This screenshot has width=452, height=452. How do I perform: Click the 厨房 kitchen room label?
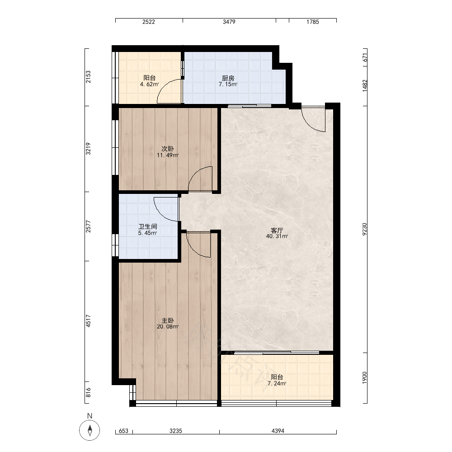pos(228,78)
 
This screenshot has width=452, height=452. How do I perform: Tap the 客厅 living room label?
pos(277,231)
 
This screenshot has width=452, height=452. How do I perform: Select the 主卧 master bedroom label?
pos(168,320)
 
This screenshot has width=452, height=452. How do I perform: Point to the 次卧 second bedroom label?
pos(168,149)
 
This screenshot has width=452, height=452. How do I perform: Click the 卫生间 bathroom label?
pos(148,226)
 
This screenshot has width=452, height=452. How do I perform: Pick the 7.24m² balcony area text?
pos(277,383)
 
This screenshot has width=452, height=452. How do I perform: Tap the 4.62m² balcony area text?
pos(149,85)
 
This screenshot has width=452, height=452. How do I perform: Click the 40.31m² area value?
pos(277,236)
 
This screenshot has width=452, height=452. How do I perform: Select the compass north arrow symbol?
pos(89,430)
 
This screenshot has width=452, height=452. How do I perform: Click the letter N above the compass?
pos(89,416)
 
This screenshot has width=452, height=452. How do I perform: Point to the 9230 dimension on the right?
pos(365,229)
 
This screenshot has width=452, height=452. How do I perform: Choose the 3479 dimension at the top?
pos(229,22)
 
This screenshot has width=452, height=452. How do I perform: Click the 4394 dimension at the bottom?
pos(278,431)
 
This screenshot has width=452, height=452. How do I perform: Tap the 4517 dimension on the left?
pos(88,321)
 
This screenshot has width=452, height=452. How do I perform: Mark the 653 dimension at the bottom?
pos(123,431)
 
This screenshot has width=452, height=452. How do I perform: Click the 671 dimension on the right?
pos(365,57)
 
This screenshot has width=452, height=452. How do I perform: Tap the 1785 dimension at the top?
pos(313,22)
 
